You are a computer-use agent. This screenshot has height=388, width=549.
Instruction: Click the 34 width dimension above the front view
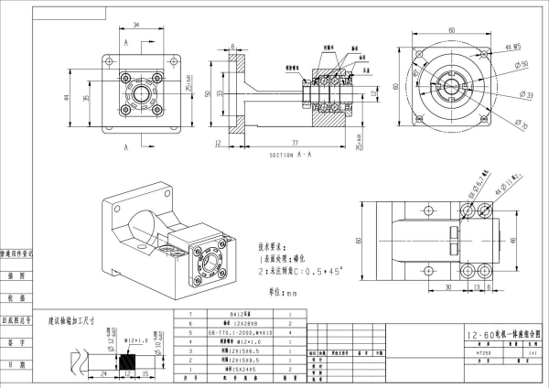[135, 26]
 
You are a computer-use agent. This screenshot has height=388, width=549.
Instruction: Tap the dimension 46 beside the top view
[513, 239]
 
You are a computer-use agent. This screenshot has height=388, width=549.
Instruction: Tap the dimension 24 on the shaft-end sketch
[106, 374]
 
